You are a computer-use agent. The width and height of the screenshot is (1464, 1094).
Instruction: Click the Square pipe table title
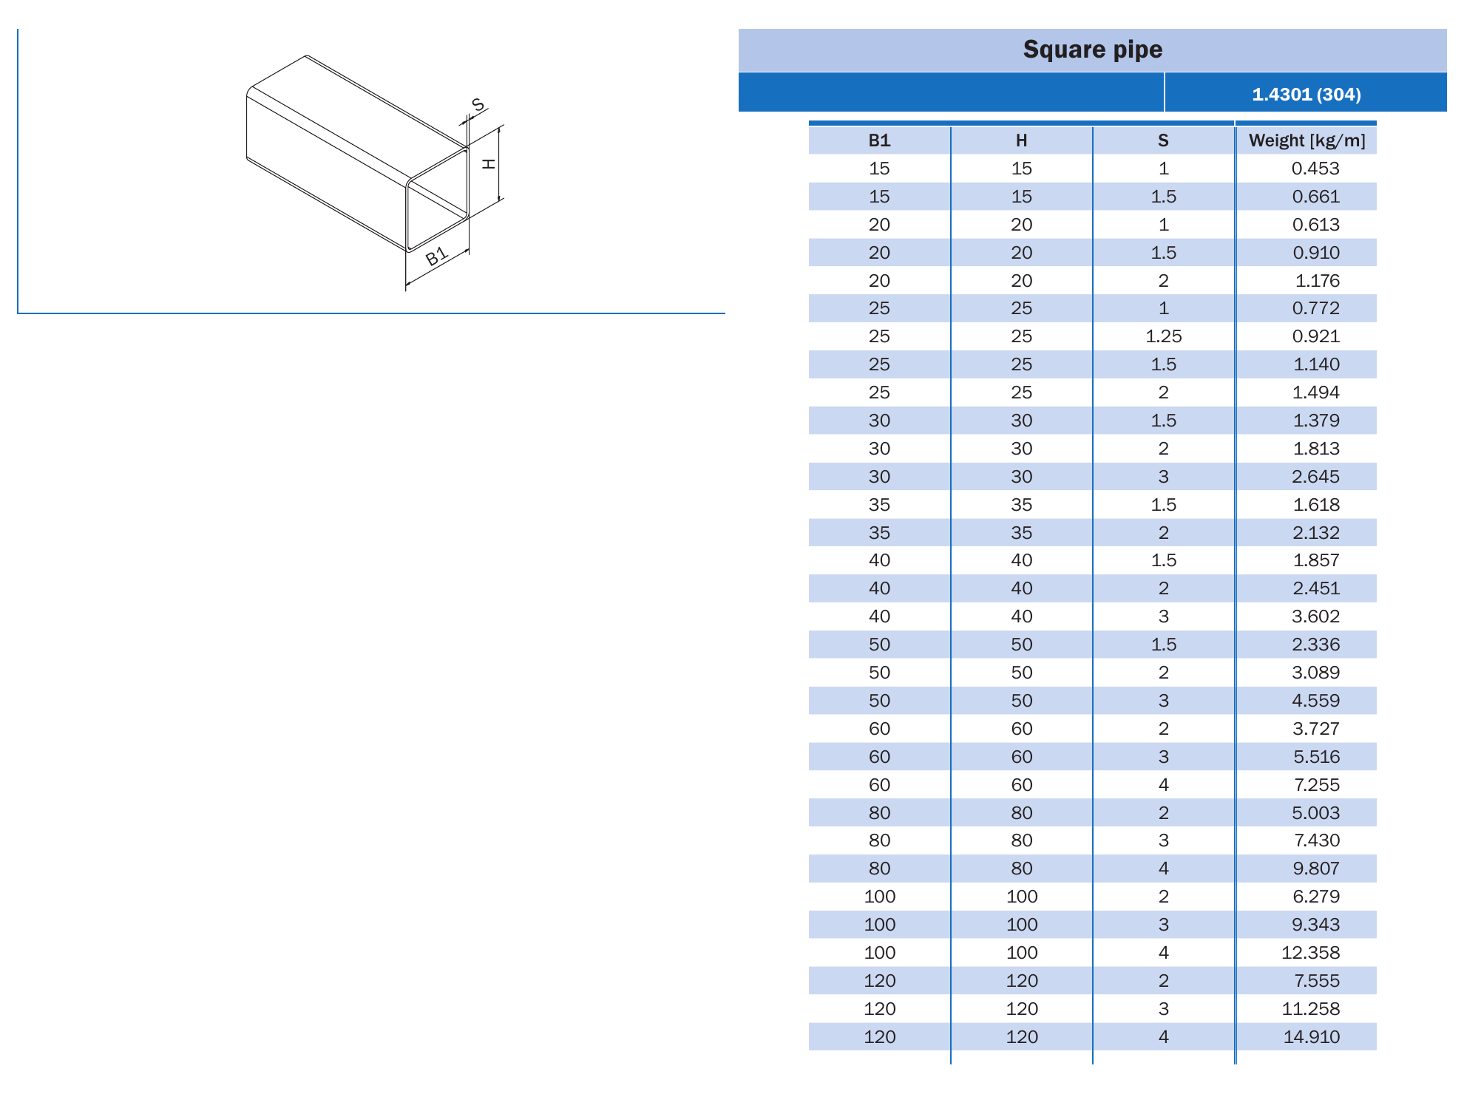1092,50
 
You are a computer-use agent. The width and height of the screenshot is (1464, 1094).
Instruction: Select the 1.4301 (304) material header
1306,95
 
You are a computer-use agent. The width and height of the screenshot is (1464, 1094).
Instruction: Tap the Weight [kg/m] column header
1307,140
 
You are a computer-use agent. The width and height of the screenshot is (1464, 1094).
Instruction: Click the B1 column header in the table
879,140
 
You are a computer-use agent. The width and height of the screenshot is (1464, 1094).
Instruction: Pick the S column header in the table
1163,140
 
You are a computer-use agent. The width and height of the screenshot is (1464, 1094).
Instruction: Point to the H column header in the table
1021,140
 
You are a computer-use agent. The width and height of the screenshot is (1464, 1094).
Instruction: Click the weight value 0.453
1315,169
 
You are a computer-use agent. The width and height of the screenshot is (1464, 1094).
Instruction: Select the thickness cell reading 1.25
1163,336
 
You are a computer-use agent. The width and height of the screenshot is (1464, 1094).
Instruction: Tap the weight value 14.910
1311,1037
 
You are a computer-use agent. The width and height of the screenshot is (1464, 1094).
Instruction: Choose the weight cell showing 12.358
1310,953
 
